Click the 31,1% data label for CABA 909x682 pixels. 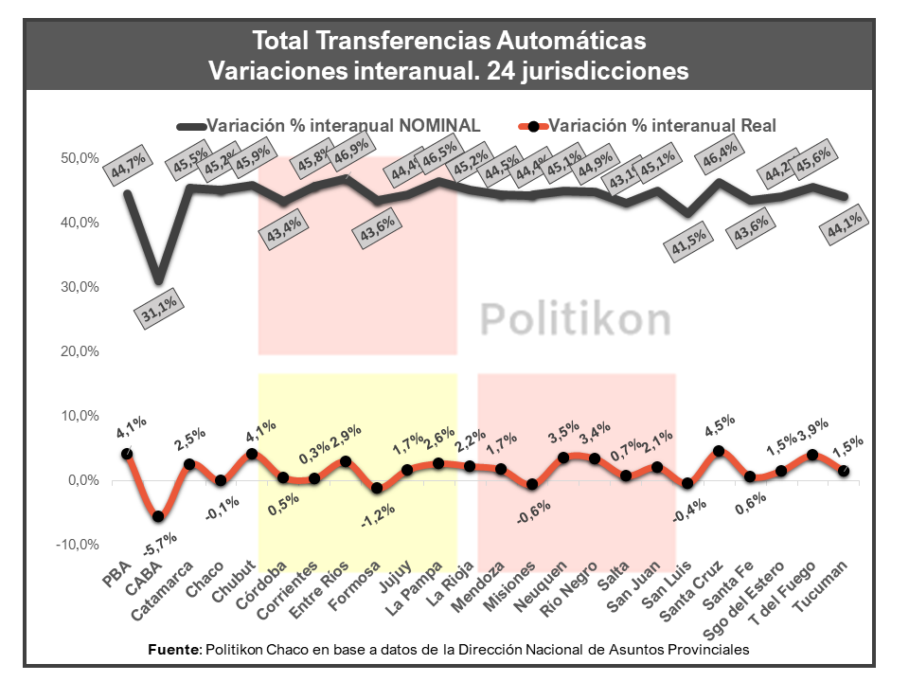(156, 312)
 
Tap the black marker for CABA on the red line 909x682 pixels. (158, 516)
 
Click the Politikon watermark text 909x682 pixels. (576, 319)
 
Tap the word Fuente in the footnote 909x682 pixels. (174, 650)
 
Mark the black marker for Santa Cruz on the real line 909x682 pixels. (718, 451)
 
